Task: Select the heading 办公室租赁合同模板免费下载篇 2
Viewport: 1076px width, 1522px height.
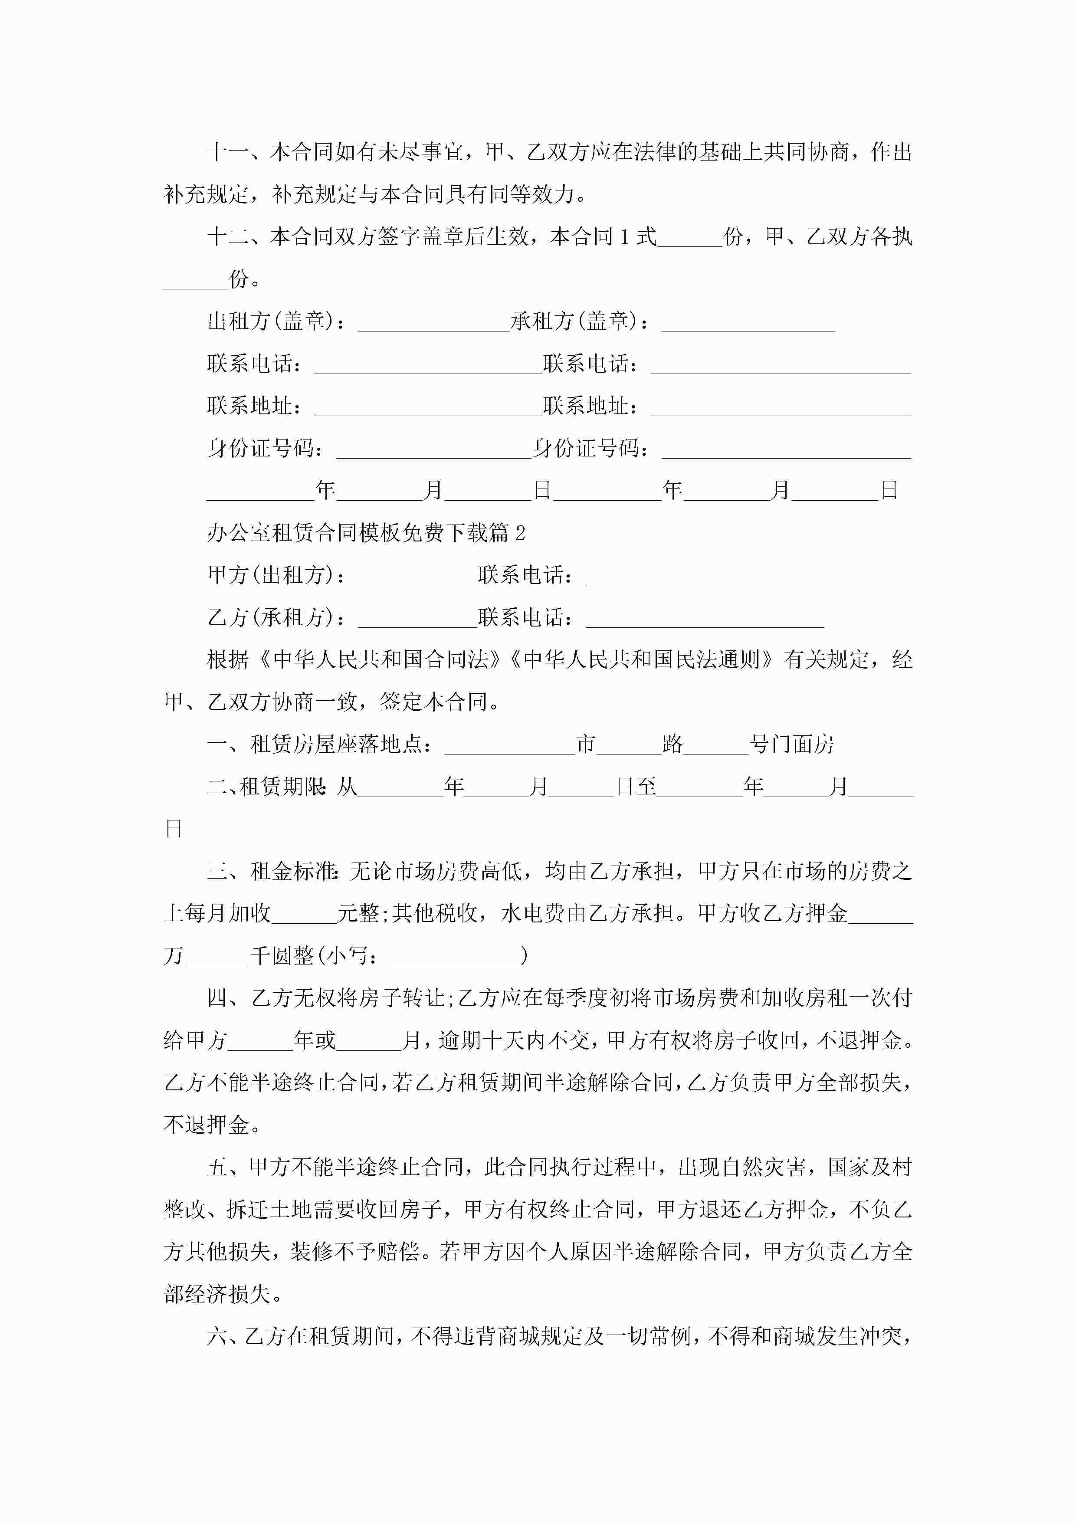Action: pyautogui.click(x=366, y=533)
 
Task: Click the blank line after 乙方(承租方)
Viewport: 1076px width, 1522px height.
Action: pyautogui.click(x=417, y=622)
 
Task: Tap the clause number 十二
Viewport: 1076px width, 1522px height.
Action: pyautogui.click(x=227, y=237)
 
